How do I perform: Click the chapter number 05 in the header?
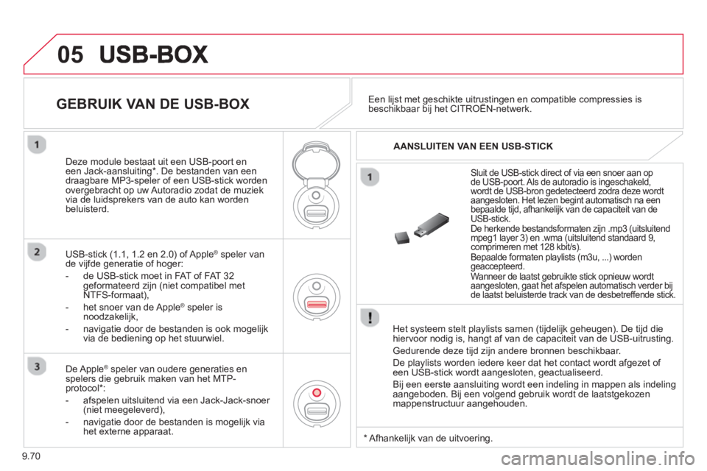(x=71, y=54)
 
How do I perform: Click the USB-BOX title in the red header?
(x=154, y=54)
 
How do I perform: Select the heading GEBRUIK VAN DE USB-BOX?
(x=153, y=104)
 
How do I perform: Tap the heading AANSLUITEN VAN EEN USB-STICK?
(x=473, y=146)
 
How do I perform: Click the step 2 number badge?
(x=37, y=252)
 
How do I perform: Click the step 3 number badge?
(x=37, y=366)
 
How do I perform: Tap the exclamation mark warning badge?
(x=370, y=317)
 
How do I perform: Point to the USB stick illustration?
(x=421, y=228)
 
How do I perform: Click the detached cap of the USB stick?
(x=402, y=237)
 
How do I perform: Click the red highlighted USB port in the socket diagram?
(x=317, y=304)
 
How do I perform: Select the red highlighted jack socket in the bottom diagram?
(x=317, y=393)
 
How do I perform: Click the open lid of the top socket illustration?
(x=316, y=163)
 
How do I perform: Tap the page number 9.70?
(x=31, y=456)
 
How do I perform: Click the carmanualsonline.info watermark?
(x=598, y=459)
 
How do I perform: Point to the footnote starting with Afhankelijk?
(x=429, y=438)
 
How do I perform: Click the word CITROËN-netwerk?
(x=490, y=109)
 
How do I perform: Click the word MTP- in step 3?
(x=224, y=378)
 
